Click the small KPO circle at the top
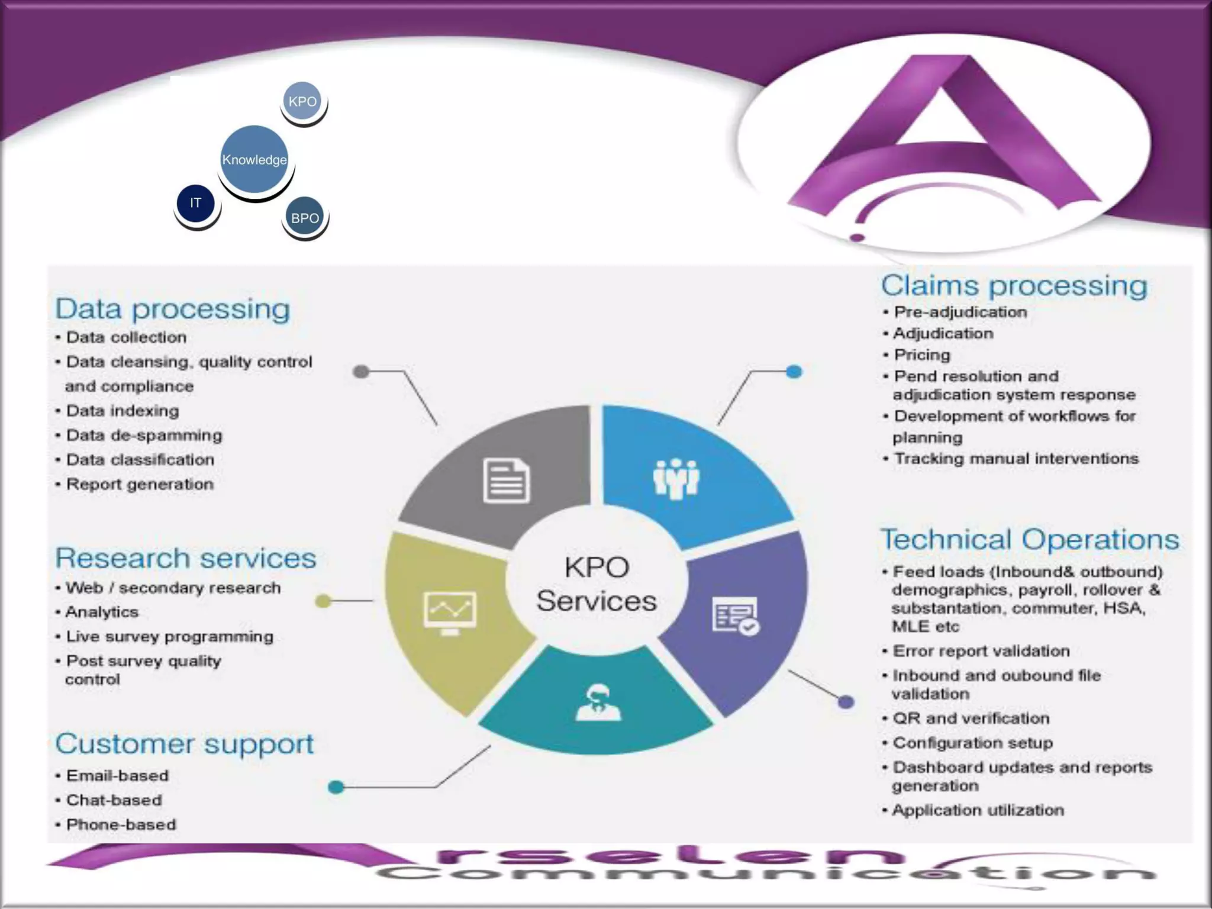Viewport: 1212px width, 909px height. click(302, 101)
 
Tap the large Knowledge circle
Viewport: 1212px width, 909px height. click(254, 159)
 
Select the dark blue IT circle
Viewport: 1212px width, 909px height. click(196, 203)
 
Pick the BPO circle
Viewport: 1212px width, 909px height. click(305, 218)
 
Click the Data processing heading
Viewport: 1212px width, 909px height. click(172, 309)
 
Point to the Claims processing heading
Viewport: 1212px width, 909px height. click(1014, 285)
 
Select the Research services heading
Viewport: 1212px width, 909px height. click(186, 558)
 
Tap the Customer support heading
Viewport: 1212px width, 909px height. click(184, 744)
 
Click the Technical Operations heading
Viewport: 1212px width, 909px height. click(1029, 539)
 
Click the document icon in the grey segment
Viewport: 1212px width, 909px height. click(507, 481)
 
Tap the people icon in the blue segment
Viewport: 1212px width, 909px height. click(676, 478)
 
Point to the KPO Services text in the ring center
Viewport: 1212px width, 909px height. click(597, 584)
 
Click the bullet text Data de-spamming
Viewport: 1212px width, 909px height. click(144, 436)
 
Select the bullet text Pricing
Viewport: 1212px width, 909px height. click(921, 355)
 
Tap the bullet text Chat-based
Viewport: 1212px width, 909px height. click(114, 800)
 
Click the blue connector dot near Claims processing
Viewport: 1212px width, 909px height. click(794, 372)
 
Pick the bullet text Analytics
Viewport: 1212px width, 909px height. click(102, 612)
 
